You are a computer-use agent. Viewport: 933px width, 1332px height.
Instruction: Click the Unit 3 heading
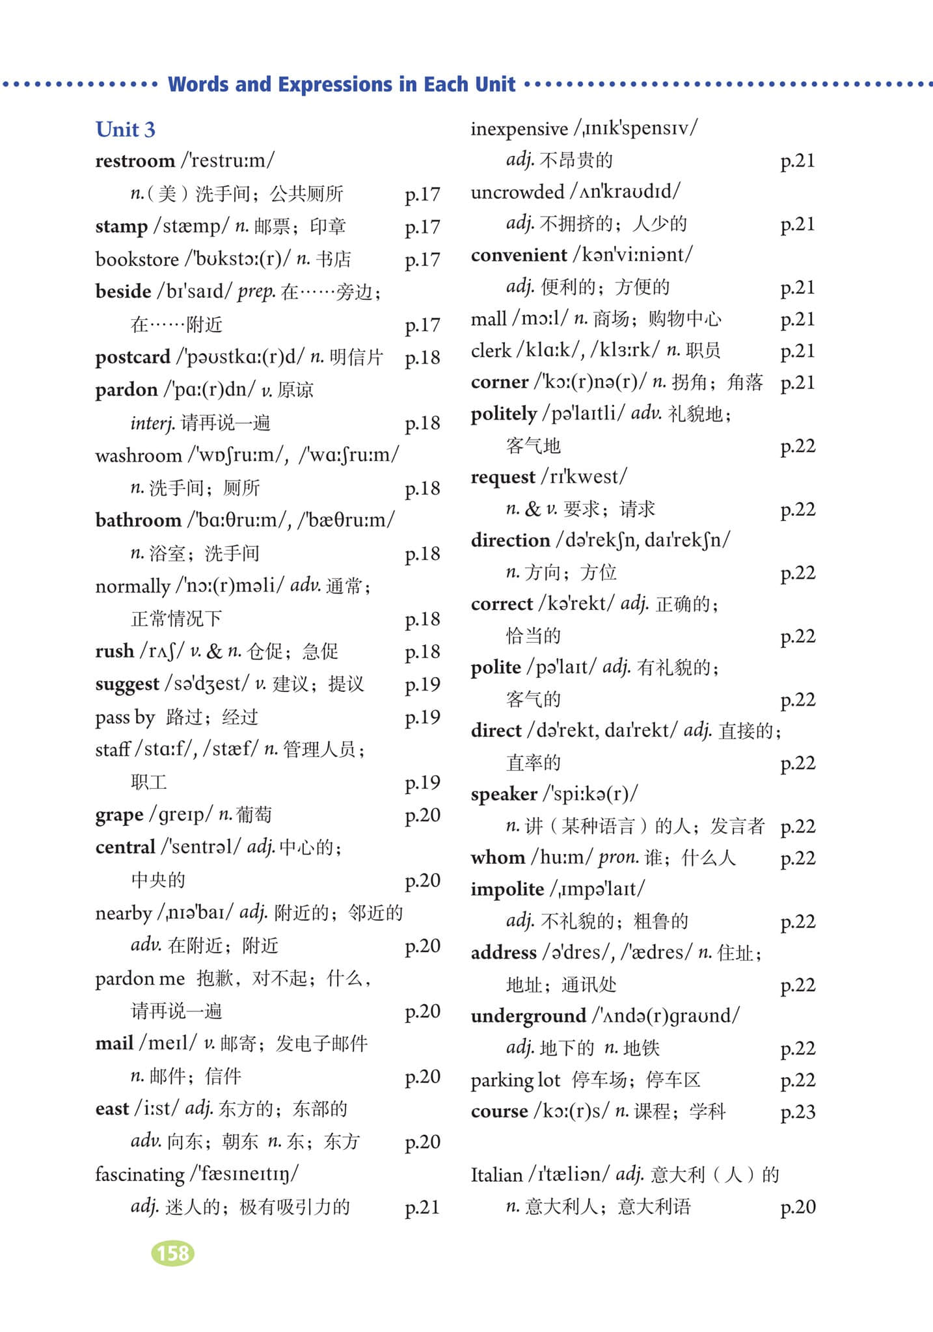click(x=126, y=129)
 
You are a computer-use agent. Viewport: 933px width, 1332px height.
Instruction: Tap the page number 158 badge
click(x=172, y=1253)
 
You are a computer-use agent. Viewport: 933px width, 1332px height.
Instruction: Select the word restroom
click(x=135, y=161)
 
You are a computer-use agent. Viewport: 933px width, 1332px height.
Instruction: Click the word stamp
click(x=121, y=226)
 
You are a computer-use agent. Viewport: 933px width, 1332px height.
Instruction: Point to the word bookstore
click(x=137, y=259)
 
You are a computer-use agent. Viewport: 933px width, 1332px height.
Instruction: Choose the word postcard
click(x=133, y=357)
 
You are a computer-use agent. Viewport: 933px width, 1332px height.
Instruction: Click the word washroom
click(x=138, y=455)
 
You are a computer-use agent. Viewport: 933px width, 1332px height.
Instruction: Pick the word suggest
click(x=127, y=684)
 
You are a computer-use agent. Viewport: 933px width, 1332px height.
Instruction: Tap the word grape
click(x=119, y=815)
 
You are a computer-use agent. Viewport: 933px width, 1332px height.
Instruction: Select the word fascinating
click(x=140, y=1175)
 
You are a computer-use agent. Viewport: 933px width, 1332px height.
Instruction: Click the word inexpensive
click(x=519, y=129)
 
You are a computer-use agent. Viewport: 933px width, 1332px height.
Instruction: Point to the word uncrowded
click(x=517, y=192)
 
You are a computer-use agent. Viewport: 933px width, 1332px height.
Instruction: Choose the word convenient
click(x=519, y=255)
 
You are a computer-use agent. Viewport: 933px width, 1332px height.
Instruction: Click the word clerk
click(x=491, y=351)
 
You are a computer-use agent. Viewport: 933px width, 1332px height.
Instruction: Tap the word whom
click(x=498, y=857)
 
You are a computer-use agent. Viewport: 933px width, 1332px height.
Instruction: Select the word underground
click(x=528, y=1016)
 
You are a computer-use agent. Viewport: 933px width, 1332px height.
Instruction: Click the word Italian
click(x=496, y=1175)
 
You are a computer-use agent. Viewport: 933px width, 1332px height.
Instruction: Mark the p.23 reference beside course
click(x=797, y=1112)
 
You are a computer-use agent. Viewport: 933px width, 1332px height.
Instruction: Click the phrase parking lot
click(x=515, y=1080)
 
